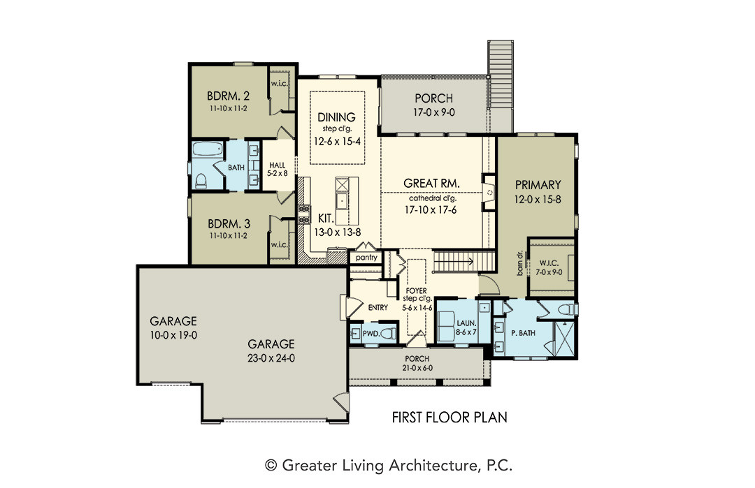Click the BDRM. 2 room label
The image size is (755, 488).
coord(228,95)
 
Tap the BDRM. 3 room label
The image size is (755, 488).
coord(229,223)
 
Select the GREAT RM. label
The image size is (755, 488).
coord(431,183)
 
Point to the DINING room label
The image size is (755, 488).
coord(336,117)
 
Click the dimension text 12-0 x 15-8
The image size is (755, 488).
coord(538,199)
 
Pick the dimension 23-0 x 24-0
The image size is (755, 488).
coord(271,358)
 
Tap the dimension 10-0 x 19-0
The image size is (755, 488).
coord(173,335)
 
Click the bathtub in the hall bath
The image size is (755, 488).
coord(208,149)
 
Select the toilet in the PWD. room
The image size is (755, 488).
coord(388,333)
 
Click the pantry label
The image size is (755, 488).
coord(366,258)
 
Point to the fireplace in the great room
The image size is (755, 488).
coord(489,192)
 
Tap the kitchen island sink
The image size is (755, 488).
coord(342,201)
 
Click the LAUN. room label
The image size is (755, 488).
coord(466,323)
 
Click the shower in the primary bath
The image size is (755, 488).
coord(564,339)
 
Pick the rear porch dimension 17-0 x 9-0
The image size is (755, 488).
coord(434,112)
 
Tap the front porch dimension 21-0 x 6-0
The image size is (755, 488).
coord(417,369)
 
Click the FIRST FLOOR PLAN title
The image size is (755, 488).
coord(450,417)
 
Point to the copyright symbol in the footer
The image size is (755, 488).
coord(271,466)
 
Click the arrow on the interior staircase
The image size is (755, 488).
coord(454,263)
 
